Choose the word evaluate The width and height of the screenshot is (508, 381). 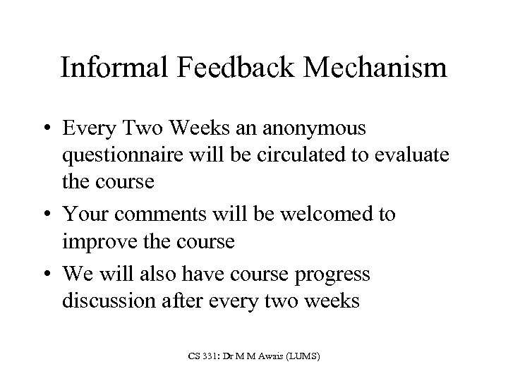coord(411,155)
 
